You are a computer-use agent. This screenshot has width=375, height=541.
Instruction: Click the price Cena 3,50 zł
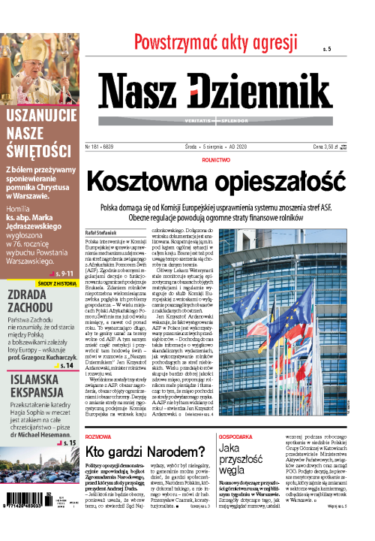click(x=332, y=126)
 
